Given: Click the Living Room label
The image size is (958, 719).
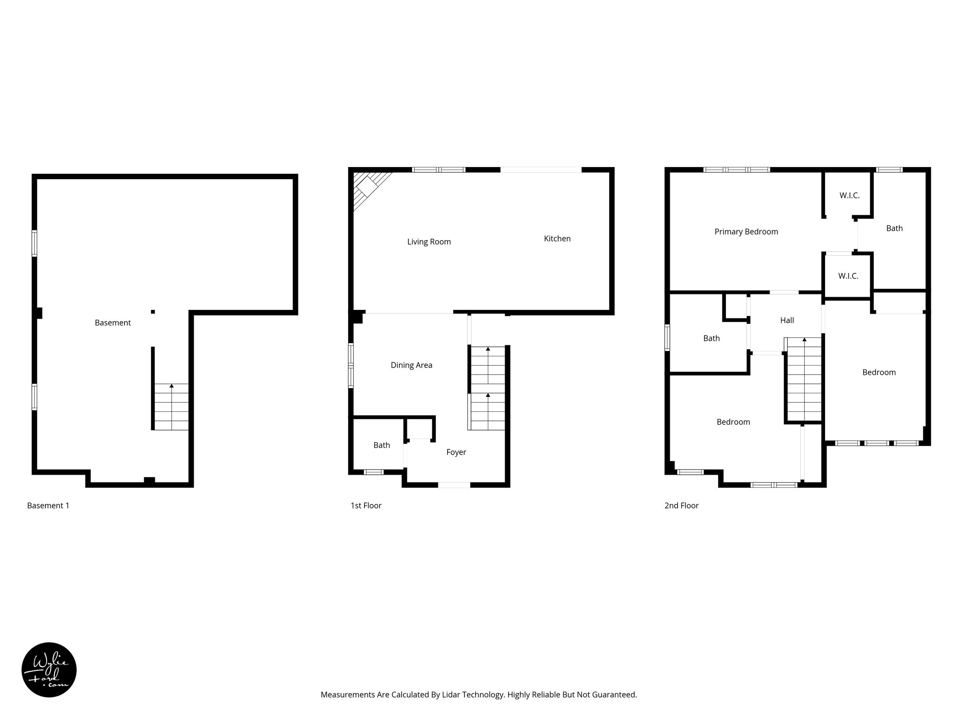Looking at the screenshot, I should [428, 242].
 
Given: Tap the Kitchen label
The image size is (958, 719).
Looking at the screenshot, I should [557, 238].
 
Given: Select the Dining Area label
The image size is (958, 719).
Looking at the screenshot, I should [411, 365].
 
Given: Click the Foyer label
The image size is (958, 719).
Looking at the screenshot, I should [456, 452].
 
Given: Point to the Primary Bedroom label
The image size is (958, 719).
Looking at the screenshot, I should [746, 231].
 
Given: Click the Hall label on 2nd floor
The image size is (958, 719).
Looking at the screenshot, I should [787, 320].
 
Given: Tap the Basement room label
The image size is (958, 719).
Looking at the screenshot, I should [112, 323].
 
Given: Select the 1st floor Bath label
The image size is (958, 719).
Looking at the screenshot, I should [381, 445].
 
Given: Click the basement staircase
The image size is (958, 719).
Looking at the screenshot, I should [172, 406].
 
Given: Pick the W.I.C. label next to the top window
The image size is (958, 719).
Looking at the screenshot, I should [849, 195].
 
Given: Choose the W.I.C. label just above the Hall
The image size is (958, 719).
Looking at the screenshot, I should [848, 276].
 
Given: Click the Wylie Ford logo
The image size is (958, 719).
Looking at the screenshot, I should [49, 670].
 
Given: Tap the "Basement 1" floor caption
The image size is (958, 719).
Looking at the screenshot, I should [48, 506].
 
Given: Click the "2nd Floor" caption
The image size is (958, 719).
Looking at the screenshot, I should [681, 506].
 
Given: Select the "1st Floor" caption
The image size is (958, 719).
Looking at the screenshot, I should [366, 506].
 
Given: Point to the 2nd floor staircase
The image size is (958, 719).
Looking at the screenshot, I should [804, 379].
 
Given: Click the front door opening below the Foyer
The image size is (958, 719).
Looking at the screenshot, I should [454, 485].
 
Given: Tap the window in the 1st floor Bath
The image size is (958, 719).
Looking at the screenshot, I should [373, 472].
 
